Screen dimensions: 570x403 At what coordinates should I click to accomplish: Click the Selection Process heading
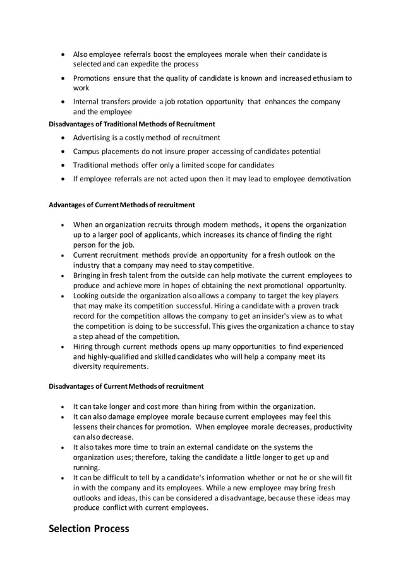[x=89, y=528]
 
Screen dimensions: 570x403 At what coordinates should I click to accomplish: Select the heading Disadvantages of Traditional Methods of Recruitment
[x=132, y=124]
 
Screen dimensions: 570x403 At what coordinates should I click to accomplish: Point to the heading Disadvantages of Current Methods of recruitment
[x=126, y=386]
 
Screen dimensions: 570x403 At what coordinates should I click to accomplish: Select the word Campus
[x=87, y=152]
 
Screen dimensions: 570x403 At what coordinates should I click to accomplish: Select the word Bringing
[x=89, y=276]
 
